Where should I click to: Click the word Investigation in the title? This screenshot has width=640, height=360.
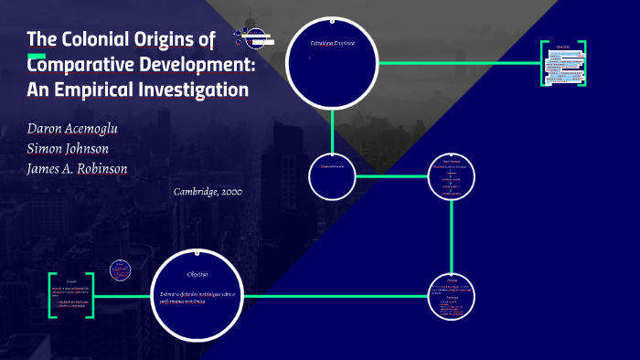(x=195, y=90)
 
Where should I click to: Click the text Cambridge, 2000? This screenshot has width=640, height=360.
(x=207, y=192)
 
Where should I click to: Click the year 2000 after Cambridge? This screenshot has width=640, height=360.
(x=229, y=192)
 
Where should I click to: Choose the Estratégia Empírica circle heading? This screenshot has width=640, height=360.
(x=332, y=43)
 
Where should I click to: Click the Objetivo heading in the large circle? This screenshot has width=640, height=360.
(x=198, y=274)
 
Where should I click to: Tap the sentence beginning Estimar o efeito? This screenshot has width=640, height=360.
(x=197, y=296)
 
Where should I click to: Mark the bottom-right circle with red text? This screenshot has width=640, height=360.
(x=453, y=296)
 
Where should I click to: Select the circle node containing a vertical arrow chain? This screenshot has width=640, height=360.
(x=453, y=176)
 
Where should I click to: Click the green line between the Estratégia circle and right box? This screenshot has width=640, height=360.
(x=457, y=63)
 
